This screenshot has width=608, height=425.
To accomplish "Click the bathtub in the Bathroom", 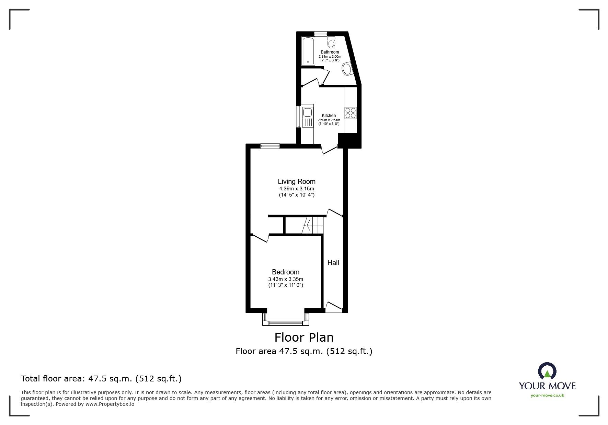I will point(308,51).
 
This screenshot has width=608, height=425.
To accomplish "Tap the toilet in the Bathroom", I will point(331,42).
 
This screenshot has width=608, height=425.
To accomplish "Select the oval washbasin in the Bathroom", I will point(347,69).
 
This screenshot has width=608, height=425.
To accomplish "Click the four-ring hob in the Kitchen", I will point(351,113).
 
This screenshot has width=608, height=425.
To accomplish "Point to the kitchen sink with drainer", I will point(308,117).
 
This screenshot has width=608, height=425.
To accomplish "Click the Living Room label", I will point(297,181).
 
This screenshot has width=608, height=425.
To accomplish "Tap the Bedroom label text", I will point(286,272).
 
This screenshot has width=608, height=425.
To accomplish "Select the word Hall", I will point(333,263).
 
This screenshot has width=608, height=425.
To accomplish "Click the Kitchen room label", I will point(329,116).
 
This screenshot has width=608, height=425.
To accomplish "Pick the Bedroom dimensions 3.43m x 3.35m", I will point(286,279).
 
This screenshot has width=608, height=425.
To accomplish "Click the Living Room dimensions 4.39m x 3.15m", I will point(297,189).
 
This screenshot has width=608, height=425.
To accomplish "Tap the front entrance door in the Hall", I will point(333,306).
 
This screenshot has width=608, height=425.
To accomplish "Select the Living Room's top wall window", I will point(270,146).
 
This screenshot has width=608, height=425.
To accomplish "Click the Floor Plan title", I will point(304,338).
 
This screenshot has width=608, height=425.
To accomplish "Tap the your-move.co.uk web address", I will point(547,396).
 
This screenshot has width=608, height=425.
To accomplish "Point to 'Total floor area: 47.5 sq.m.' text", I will point(101,379).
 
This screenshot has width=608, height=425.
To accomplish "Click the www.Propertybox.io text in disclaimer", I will point(110,404).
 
